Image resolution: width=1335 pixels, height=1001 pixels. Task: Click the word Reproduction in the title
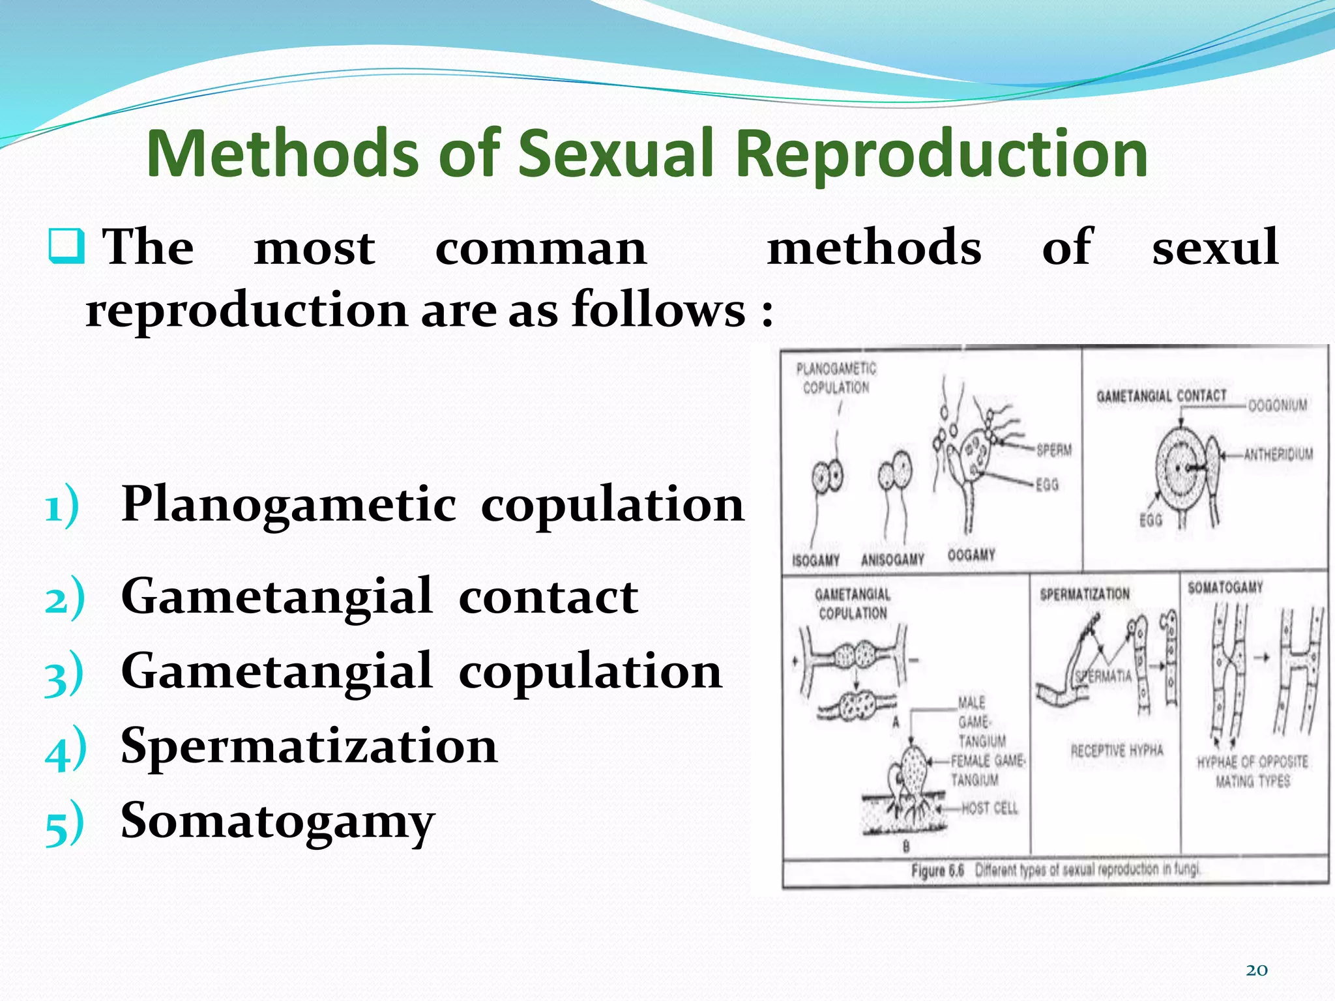942,154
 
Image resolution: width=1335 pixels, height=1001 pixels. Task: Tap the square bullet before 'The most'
66,246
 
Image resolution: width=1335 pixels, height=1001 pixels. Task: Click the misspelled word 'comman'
540,248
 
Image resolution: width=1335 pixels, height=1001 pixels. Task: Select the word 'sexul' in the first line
1214,248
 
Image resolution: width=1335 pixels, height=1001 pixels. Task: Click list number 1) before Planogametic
63,506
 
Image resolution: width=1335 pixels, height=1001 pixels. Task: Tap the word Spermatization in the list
309,746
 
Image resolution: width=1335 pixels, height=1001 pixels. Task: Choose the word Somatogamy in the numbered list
278,821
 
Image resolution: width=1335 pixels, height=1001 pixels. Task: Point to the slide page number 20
1256,970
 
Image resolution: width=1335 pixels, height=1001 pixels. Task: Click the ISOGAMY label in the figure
815,560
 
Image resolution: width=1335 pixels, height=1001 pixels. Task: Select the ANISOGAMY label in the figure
892,560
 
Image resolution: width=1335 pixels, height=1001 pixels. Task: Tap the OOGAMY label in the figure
971,555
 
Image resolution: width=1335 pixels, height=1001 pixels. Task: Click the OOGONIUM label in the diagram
1277,405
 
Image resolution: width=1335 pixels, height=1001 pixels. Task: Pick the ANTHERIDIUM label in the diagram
1278,454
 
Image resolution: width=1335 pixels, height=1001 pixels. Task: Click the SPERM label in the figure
1053,450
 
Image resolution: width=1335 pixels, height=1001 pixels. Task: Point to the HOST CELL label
990,808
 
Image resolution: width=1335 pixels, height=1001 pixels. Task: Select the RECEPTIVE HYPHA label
1117,751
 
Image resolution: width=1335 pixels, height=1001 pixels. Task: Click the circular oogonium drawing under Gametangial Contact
1182,468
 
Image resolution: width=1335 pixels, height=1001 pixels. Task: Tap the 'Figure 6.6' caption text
937,871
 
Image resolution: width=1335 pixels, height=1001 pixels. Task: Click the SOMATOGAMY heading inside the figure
1225,587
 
